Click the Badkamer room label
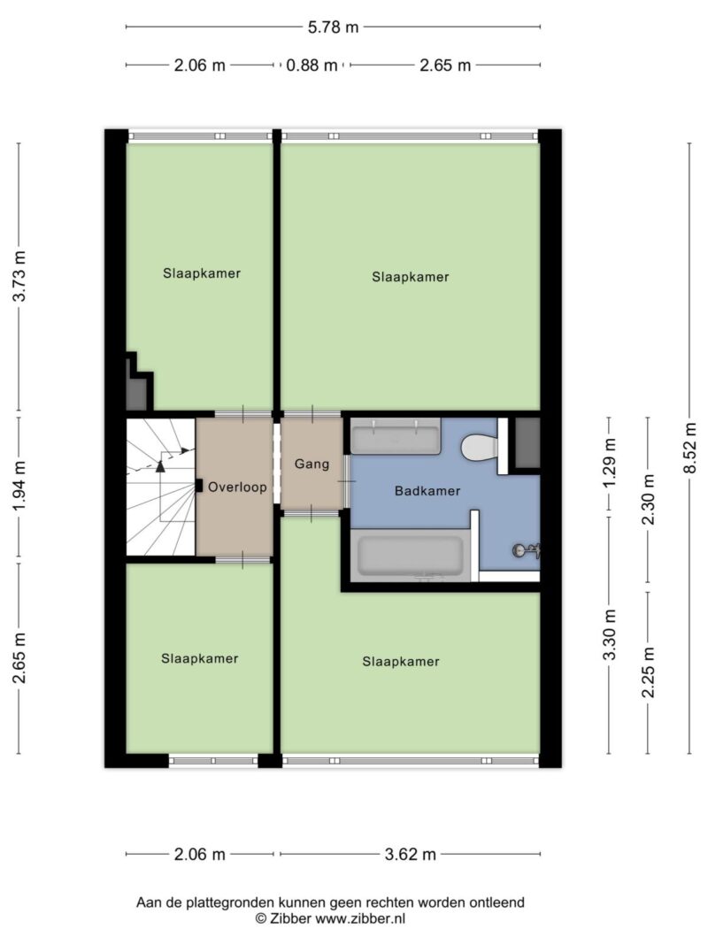[427, 491]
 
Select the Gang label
[312, 464]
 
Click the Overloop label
[237, 487]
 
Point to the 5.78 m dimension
[333, 27]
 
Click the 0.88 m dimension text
[312, 65]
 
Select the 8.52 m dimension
[690, 448]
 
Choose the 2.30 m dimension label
[650, 499]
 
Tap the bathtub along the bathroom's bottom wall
[409, 556]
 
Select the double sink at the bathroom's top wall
[395, 436]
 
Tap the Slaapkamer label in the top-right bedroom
[410, 277]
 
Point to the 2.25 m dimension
[650, 672]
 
